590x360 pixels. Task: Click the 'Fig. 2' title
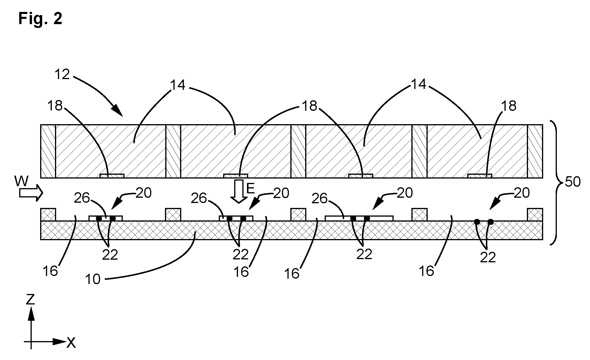[x=40, y=19]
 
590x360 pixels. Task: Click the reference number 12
[x=63, y=75]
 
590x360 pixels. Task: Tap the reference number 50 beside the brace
[x=573, y=182]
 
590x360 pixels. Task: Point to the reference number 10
[x=93, y=279]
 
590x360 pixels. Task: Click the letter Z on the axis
[x=30, y=300]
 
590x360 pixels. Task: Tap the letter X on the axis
[x=71, y=343]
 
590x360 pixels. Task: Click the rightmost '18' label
[x=509, y=106]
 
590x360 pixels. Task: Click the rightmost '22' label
[x=488, y=258]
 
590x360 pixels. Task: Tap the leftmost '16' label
[x=50, y=271]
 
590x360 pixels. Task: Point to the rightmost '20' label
[x=522, y=193]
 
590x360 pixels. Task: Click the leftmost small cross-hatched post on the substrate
[x=48, y=215]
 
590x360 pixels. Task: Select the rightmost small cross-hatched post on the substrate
[x=535, y=215]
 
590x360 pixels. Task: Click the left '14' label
[x=178, y=85]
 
